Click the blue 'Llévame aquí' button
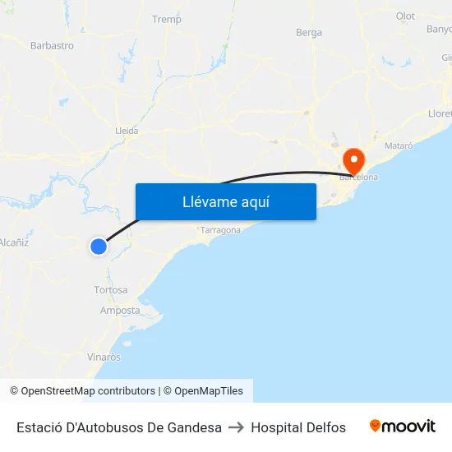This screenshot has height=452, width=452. click(x=225, y=201)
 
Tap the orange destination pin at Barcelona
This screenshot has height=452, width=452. click(x=354, y=159)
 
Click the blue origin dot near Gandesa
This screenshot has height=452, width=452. click(x=99, y=246)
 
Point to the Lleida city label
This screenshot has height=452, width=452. click(x=127, y=130)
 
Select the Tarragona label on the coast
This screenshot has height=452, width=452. click(x=220, y=230)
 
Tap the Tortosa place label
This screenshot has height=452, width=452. click(x=111, y=290)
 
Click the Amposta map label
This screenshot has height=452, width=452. click(x=120, y=310)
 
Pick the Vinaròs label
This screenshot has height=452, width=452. click(x=104, y=357)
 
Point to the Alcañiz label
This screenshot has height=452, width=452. click(x=14, y=242)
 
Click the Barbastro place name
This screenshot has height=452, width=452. click(x=52, y=46)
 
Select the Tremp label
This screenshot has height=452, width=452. click(x=167, y=19)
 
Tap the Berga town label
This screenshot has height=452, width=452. click(x=309, y=33)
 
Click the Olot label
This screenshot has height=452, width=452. click(x=405, y=16)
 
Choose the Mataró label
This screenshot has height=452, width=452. click(x=399, y=145)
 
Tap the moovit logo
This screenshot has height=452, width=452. click(x=403, y=427)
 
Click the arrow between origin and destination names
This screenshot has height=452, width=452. click(x=237, y=427)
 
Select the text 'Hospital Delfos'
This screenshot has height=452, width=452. click(x=298, y=427)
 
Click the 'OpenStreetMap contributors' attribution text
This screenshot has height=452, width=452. click(x=88, y=391)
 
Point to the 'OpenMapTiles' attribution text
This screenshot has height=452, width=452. click(x=209, y=391)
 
